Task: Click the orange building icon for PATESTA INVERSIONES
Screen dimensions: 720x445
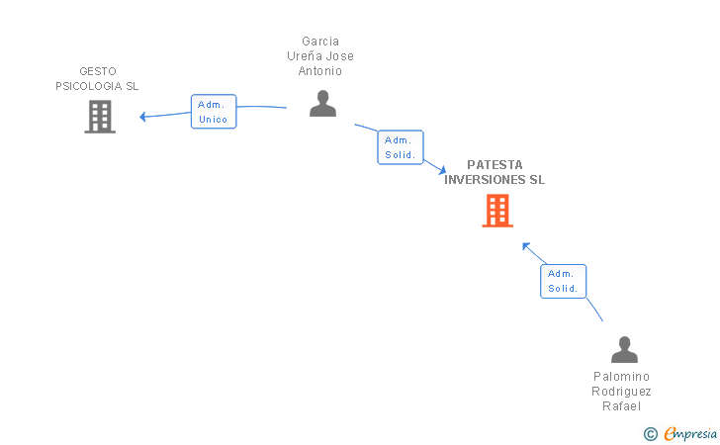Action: (497, 211)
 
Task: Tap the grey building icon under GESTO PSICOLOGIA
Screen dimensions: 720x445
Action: (100, 117)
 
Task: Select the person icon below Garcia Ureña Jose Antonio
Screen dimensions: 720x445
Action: (322, 103)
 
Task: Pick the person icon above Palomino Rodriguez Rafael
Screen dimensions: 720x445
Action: (624, 349)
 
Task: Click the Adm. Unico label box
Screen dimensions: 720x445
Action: (214, 112)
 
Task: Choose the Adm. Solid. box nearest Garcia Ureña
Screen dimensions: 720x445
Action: (401, 147)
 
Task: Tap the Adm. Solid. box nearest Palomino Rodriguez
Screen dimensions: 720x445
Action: (564, 282)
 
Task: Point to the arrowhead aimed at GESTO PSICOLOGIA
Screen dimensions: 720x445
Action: (142, 117)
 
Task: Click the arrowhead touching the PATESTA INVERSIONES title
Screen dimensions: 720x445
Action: (442, 170)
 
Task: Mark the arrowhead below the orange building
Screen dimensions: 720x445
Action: (526, 246)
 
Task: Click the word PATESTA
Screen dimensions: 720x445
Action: (495, 165)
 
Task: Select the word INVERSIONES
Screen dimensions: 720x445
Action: (485, 180)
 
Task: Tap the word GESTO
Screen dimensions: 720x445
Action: (98, 71)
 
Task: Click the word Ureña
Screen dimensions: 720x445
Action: (305, 56)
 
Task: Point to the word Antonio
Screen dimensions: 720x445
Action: (320, 71)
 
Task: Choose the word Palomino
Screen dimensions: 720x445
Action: (621, 377)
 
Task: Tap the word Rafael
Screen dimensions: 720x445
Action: (621, 406)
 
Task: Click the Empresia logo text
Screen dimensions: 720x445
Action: (690, 433)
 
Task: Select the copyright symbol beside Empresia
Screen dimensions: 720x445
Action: (651, 434)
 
